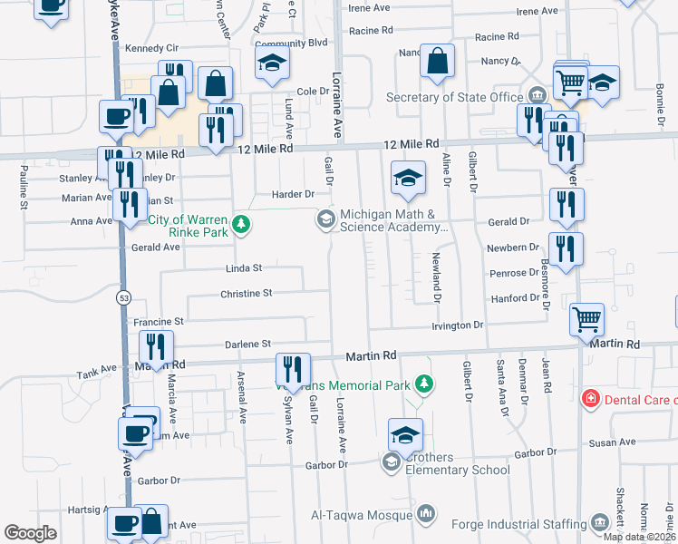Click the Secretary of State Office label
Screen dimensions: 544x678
tap(455, 98)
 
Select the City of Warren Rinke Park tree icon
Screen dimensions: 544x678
tap(240, 222)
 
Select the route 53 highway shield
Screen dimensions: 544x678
tap(122, 297)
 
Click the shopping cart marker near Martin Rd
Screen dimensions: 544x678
tap(586, 318)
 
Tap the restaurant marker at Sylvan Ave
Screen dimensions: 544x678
tap(292, 368)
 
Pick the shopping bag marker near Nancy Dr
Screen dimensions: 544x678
tap(437, 61)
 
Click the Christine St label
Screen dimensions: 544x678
tap(247, 294)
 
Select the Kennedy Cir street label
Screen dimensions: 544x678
tap(153, 47)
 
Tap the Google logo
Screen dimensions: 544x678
tap(30, 532)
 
